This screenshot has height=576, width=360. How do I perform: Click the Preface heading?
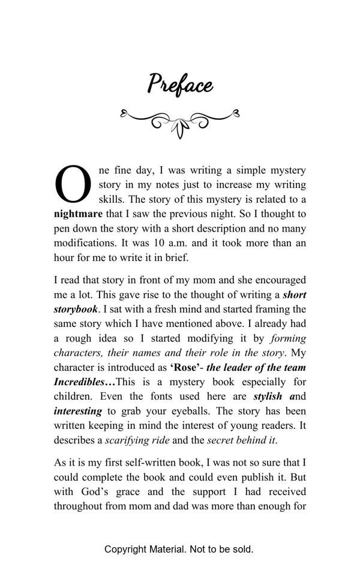point(180,83)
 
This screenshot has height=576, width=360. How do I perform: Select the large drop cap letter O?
point(73,184)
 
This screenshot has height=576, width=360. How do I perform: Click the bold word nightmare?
point(78,214)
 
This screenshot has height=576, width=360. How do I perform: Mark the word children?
point(74,397)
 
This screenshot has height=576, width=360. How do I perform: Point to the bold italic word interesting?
point(78,412)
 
